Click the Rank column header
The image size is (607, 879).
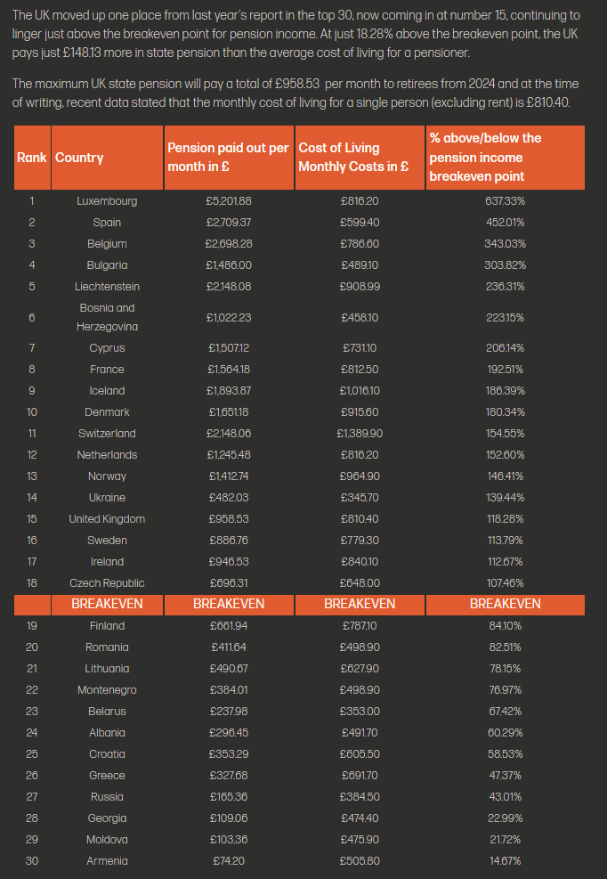[x=32, y=158]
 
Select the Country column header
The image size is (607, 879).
[x=79, y=158]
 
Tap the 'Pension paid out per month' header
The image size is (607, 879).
[x=228, y=158]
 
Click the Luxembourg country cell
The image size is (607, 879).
[x=107, y=201]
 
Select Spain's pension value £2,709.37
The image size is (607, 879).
[x=229, y=223]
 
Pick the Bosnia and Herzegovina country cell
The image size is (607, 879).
[x=107, y=317]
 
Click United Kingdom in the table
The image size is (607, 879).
[x=107, y=519]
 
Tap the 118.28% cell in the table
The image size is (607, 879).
[x=505, y=519]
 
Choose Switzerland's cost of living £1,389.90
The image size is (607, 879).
[x=360, y=434]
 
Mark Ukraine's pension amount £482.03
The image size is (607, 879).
[x=229, y=498]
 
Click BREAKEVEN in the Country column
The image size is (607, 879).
[x=107, y=604]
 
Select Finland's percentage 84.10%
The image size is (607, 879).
[x=505, y=626]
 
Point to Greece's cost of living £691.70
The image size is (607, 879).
[x=360, y=776]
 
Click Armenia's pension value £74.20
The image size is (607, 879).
[x=229, y=861]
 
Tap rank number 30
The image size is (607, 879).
[x=32, y=861]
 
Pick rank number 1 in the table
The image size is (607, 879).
[x=32, y=201]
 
